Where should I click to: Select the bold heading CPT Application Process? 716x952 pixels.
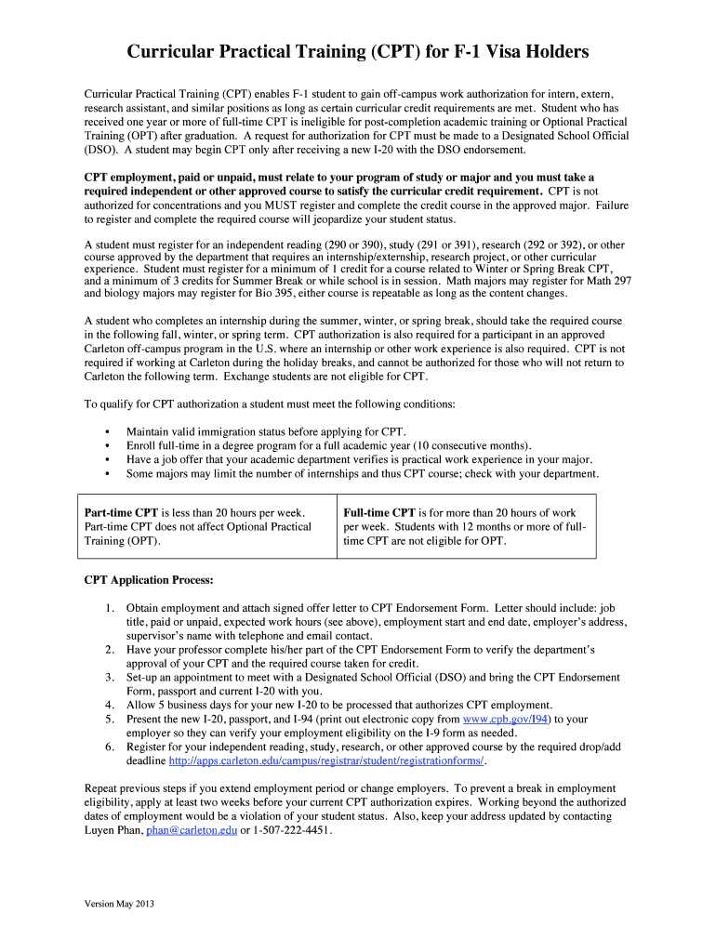pos(149,580)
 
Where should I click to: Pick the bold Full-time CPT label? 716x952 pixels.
pos(379,512)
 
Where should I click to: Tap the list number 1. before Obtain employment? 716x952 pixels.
pos(110,607)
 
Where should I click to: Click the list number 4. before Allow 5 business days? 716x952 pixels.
pos(110,705)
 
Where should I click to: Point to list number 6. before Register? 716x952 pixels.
pos(110,747)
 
